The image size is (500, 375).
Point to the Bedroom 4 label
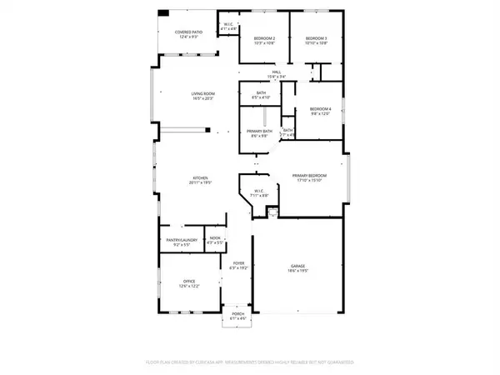coord(321,109)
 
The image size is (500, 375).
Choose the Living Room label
coord(203,94)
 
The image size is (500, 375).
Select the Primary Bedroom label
coord(308,175)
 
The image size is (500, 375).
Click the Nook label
coord(215,238)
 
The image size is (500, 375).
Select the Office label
coord(189,282)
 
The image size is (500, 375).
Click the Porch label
coord(238,314)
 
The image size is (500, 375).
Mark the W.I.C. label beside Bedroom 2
coord(228,25)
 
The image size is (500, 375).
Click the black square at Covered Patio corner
coord(163,13)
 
